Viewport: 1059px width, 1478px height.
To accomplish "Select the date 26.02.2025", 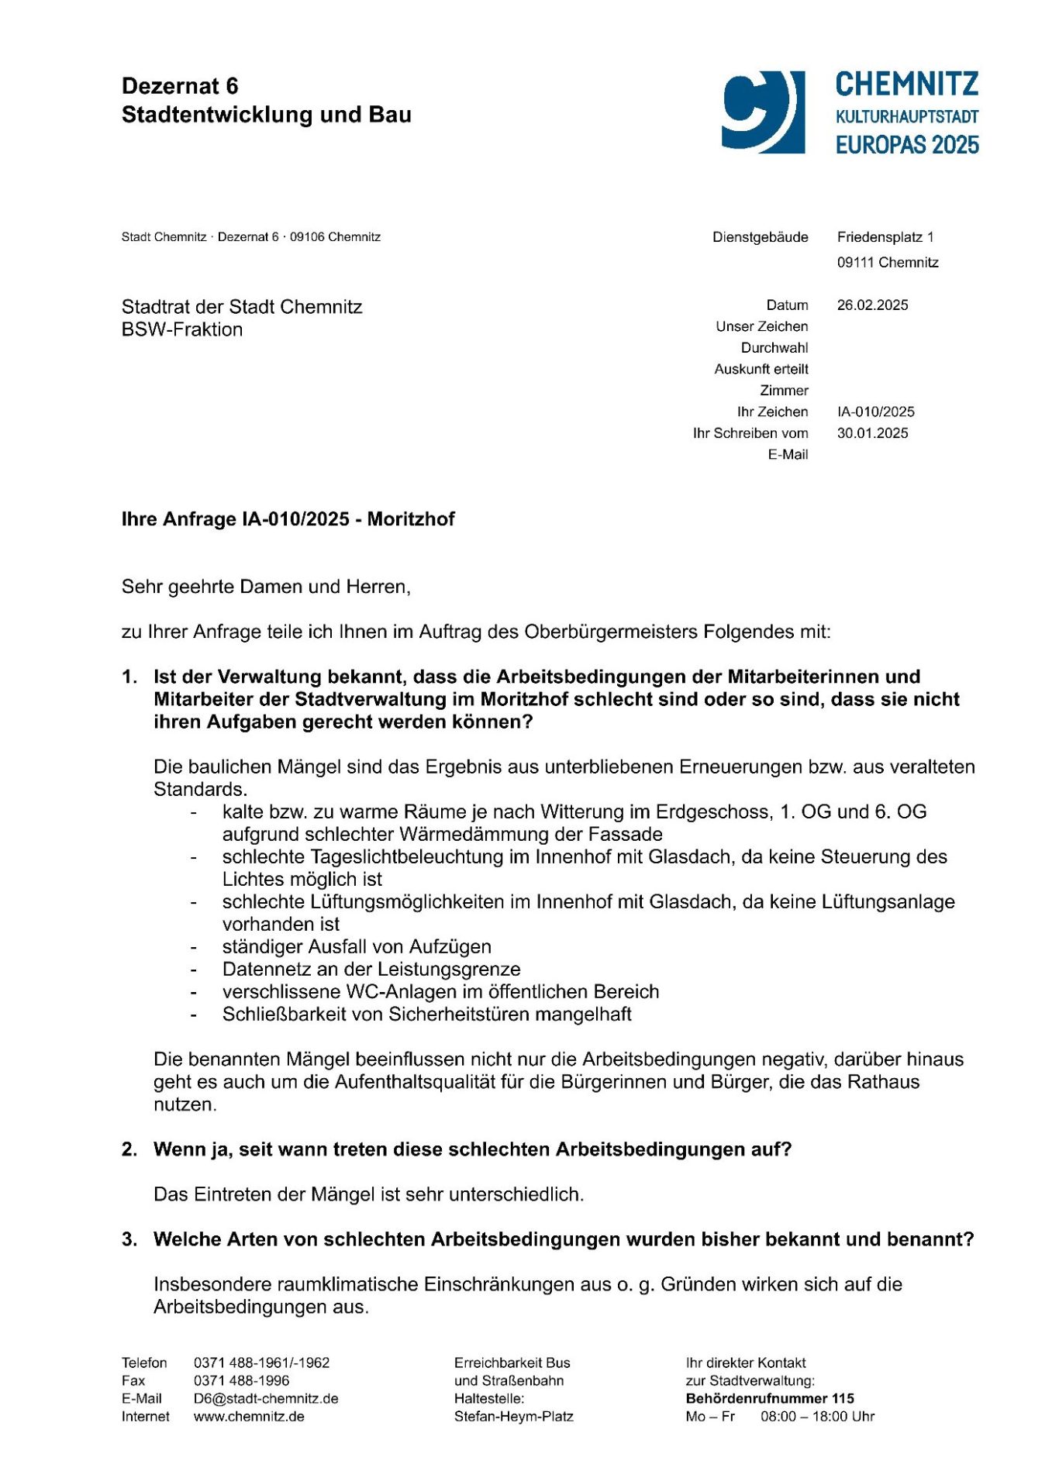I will coord(872,305).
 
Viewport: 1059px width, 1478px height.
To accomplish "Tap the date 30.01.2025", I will coord(872,433).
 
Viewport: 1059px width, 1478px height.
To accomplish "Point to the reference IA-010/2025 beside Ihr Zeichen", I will coord(875,412).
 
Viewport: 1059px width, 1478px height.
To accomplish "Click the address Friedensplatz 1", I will coord(885,237).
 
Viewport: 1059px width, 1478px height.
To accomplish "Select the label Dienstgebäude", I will coord(760,237).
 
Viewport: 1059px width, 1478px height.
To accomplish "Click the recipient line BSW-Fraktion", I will coord(182,329).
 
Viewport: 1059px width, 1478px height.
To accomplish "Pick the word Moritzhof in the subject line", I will coord(411,519).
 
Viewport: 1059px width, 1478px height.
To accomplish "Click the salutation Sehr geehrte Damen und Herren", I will coord(266,587).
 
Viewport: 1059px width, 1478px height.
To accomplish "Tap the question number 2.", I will coord(129,1149).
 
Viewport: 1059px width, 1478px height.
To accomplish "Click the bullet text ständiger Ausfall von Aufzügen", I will coord(357,947).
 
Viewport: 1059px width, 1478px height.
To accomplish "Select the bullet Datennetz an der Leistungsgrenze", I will coord(371,970).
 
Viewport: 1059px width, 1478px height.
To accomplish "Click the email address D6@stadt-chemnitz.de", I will coord(266,1399).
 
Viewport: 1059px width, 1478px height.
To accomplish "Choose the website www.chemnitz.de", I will coord(249,1417).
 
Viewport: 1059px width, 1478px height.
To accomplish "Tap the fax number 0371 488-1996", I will coord(241,1381).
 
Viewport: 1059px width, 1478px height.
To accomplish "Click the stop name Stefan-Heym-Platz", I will coord(513,1417).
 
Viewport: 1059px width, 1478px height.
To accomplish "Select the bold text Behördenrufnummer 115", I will coord(769,1399).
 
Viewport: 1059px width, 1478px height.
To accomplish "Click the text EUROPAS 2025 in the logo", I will coord(906,145).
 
